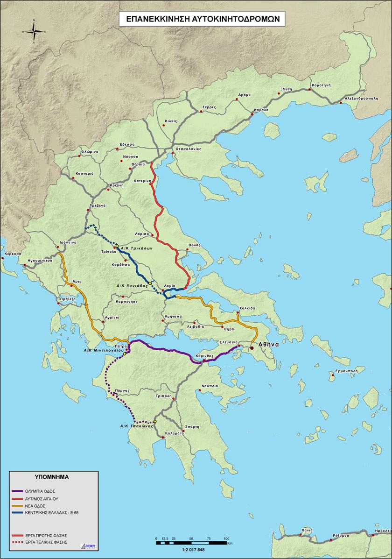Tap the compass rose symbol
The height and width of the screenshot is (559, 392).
tap(34, 31)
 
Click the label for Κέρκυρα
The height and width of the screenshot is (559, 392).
tap(13, 254)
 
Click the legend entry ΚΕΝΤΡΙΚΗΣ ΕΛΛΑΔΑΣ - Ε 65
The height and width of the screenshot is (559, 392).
tap(51, 512)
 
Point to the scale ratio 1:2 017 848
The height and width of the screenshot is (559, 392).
tap(191, 550)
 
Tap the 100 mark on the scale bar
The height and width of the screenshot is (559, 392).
tap(226, 538)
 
